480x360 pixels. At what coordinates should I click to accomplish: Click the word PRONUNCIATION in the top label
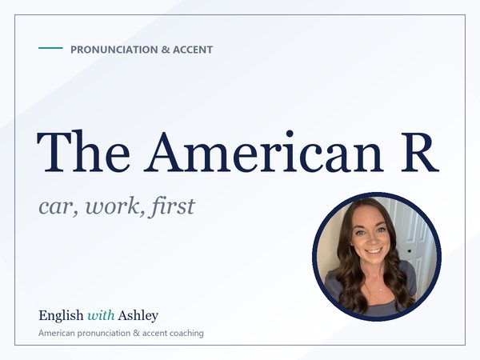pos(114,50)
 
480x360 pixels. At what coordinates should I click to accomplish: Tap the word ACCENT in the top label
pos(193,50)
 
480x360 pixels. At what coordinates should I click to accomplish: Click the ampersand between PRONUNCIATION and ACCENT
pos(166,50)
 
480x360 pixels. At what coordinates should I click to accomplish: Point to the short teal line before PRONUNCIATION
pos(50,48)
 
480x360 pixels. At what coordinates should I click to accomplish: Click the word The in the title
pos(83,151)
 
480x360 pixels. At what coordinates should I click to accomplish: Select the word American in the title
pos(264,151)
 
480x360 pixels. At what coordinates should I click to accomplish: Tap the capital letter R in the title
pos(420,152)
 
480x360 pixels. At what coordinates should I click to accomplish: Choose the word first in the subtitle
pos(171,206)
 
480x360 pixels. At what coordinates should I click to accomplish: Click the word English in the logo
pos(61,316)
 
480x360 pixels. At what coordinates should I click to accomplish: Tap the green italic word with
pos(101,315)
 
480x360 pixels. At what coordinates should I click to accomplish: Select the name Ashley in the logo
pos(138,316)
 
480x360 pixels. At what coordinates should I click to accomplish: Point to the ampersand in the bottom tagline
pos(136,333)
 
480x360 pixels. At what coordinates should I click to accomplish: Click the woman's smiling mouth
pos(373,251)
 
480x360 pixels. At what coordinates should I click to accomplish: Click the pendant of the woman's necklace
pos(380,290)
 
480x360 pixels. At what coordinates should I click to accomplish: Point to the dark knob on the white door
pos(410,252)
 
